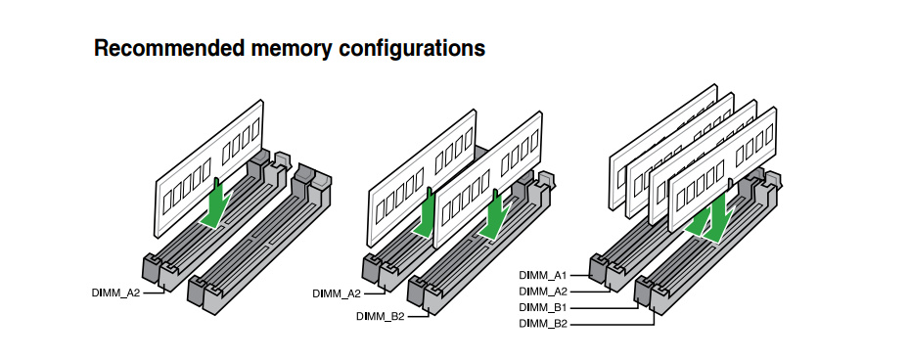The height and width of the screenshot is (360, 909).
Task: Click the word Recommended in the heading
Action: click(x=169, y=48)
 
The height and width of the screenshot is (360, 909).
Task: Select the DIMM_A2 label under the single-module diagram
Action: click(x=115, y=292)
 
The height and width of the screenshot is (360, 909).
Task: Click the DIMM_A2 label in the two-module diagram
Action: click(x=337, y=293)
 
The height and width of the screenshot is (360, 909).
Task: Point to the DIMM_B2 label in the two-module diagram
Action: click(x=381, y=317)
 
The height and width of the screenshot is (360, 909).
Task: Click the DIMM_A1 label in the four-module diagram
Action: click(x=543, y=275)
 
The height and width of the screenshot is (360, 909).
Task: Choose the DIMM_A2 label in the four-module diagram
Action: click(x=543, y=291)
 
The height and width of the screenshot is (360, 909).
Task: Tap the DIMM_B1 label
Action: click(x=543, y=307)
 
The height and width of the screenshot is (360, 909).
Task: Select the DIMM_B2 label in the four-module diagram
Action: click(x=543, y=324)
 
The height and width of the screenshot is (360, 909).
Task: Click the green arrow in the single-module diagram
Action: click(x=216, y=204)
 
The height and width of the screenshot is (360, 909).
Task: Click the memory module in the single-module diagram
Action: click(x=208, y=168)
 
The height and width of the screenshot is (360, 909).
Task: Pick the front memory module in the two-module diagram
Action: click(x=488, y=181)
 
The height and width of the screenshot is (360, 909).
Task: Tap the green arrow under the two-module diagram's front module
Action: click(x=494, y=214)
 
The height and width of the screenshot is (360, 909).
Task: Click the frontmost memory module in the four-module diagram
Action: click(x=722, y=170)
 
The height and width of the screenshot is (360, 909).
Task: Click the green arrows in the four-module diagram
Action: click(x=709, y=219)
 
